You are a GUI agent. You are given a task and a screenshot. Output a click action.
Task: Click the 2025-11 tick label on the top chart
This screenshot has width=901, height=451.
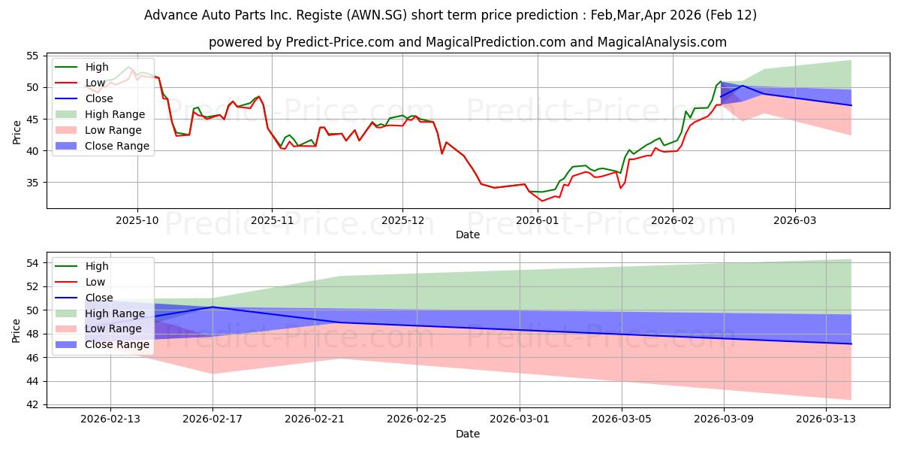point(272,221)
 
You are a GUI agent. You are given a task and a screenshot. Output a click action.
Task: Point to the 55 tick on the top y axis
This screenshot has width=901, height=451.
point(32,56)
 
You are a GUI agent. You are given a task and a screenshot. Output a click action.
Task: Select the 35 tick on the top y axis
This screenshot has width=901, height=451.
point(32,183)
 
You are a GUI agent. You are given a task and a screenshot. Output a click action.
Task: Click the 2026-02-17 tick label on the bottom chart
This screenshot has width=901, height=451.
point(212,419)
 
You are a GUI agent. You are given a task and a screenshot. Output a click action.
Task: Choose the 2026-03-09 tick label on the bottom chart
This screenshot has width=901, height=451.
point(724,419)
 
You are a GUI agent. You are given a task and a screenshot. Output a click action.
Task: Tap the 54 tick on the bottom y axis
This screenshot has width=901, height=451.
point(32,263)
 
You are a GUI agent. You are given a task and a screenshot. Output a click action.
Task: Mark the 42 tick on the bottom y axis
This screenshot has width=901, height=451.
point(32,404)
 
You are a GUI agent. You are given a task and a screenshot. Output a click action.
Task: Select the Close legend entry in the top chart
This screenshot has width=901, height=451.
point(99,98)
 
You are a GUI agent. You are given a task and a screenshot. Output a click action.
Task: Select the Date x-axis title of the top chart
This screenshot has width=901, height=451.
point(467,235)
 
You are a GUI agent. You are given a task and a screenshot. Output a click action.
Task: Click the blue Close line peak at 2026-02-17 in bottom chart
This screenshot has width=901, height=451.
point(212,307)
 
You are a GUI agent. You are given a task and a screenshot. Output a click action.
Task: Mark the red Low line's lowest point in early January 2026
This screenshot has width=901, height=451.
point(541,201)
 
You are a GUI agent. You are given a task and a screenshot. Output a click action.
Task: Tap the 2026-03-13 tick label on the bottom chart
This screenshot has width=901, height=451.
point(826,419)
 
